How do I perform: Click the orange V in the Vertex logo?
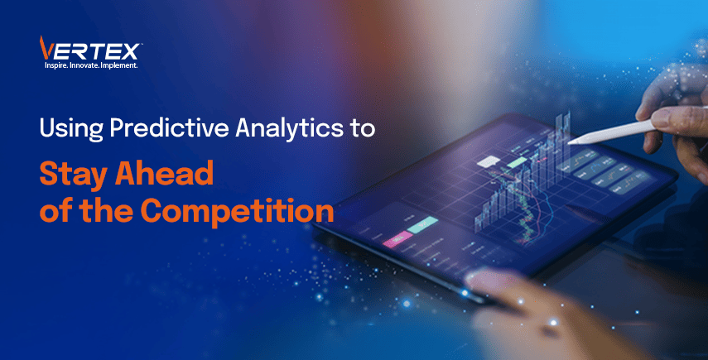[x=46, y=48]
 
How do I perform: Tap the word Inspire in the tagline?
[x=55, y=66]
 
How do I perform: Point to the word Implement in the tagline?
[x=119, y=65]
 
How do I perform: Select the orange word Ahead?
[x=164, y=173]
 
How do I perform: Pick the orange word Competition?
[x=237, y=211]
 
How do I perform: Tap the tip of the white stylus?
[x=570, y=142]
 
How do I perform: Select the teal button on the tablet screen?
[x=422, y=224]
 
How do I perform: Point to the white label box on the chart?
[x=488, y=161]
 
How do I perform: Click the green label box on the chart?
[x=516, y=162]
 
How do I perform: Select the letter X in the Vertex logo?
[x=129, y=52]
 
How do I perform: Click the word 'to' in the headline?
[x=362, y=128]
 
